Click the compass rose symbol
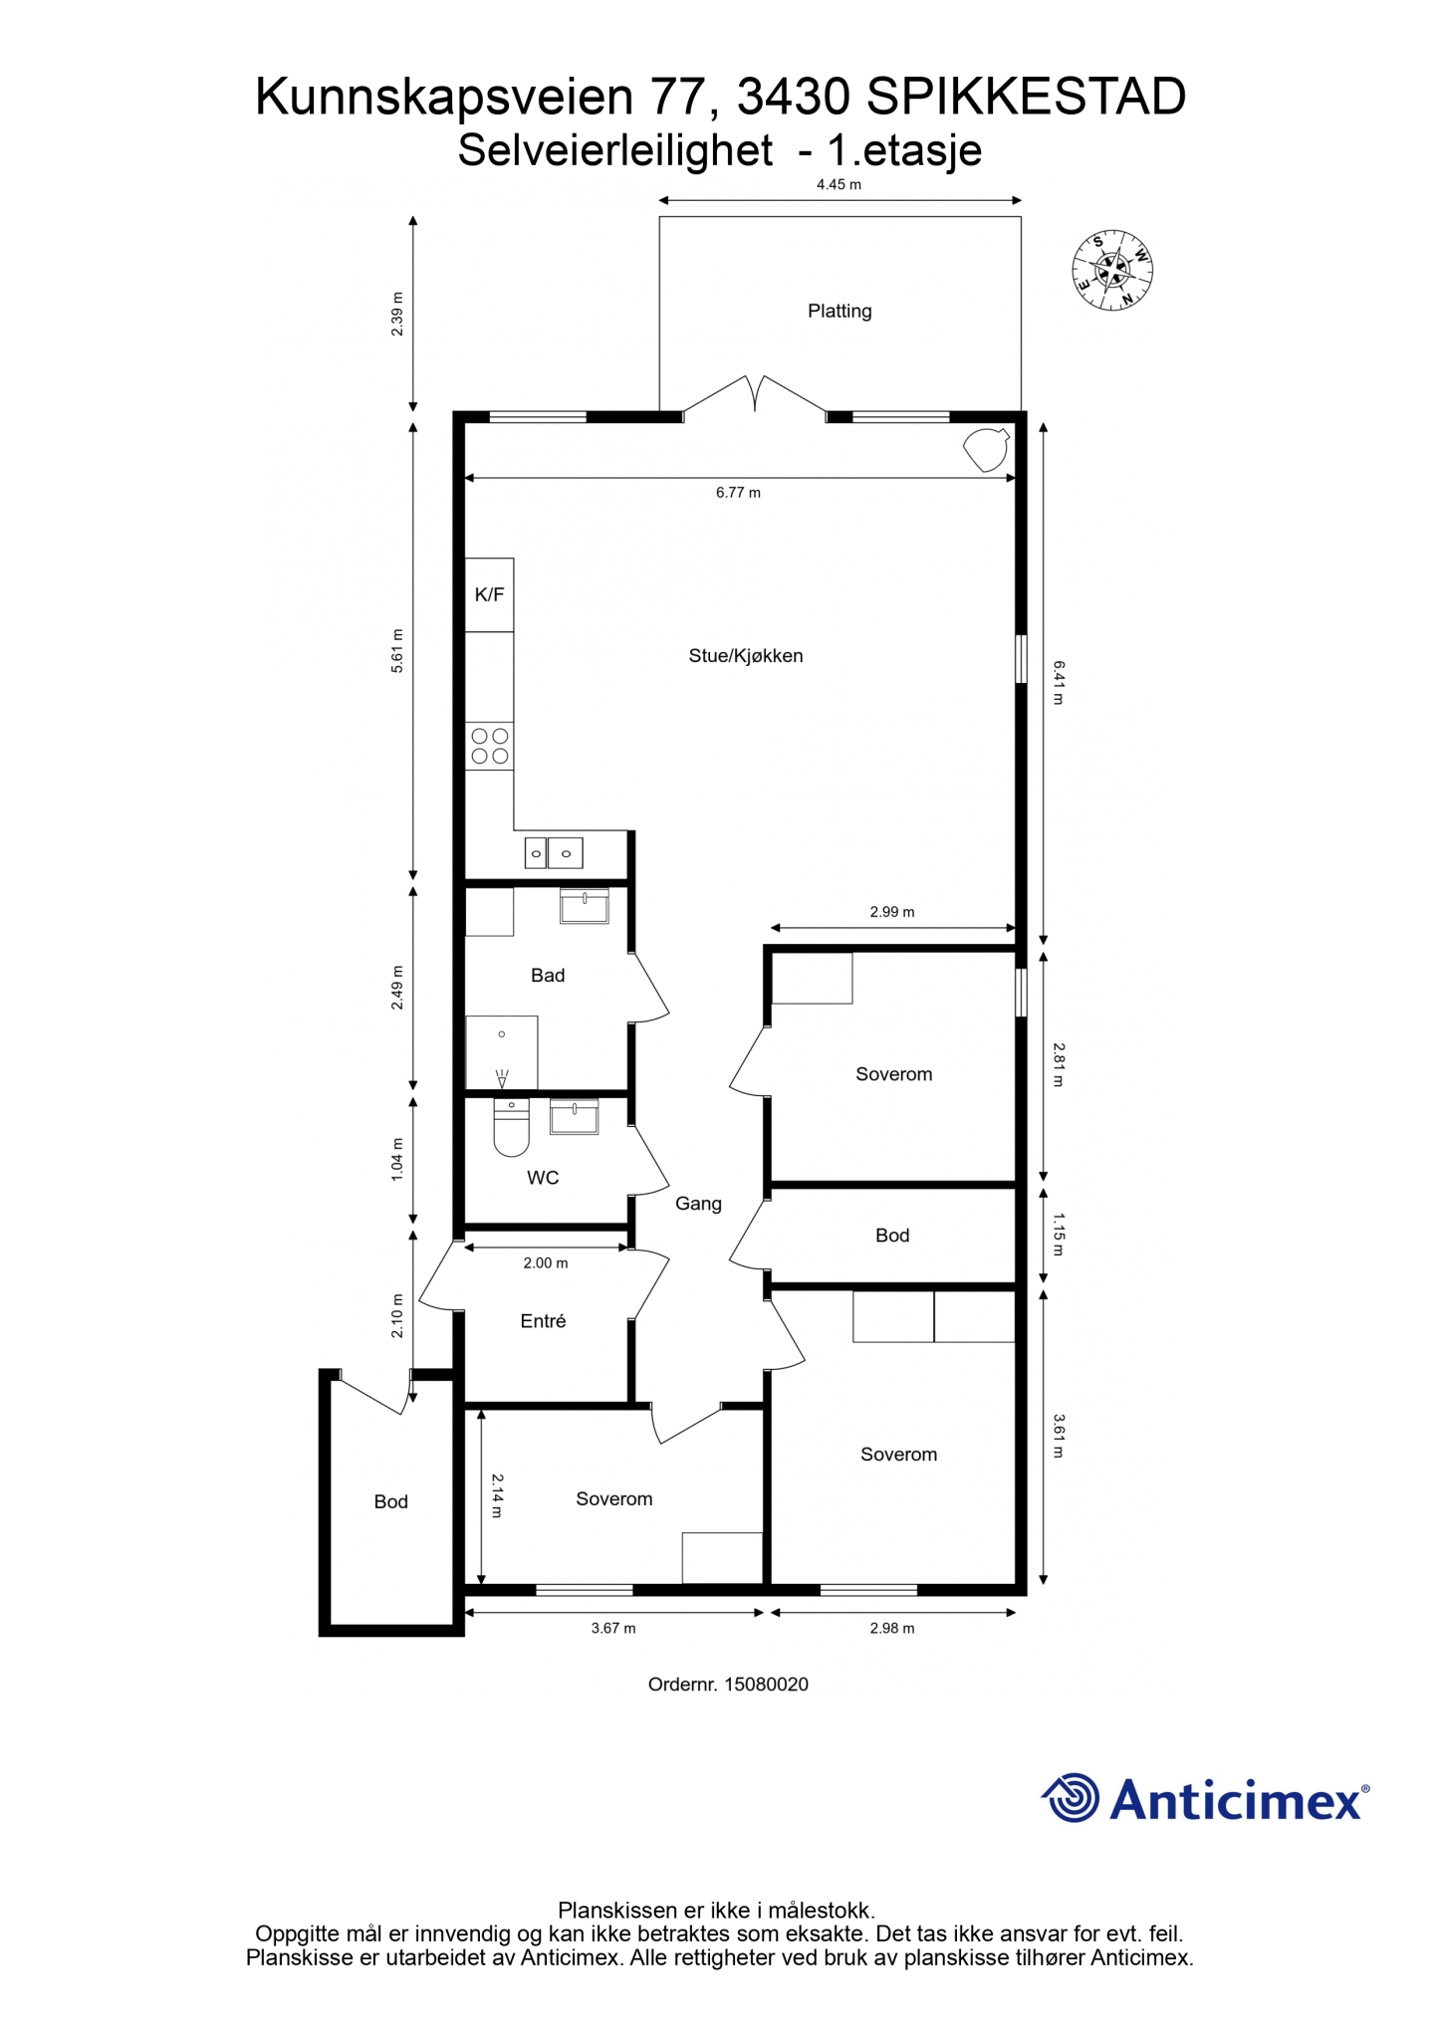(x=1111, y=270)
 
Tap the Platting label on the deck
(x=840, y=311)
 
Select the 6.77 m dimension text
(x=738, y=492)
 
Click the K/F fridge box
(x=489, y=594)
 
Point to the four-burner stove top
(x=490, y=746)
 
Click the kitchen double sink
(x=554, y=853)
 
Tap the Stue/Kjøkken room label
(x=746, y=655)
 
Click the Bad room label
(x=548, y=975)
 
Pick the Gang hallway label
(x=698, y=1203)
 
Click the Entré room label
(x=543, y=1320)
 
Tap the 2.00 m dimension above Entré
(x=546, y=1262)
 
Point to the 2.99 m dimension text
(x=892, y=911)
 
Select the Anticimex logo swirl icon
(x=1072, y=1798)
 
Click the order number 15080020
(x=766, y=1685)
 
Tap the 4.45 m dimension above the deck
(x=839, y=184)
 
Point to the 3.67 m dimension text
(x=613, y=1628)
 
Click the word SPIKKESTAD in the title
(x=1027, y=97)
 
